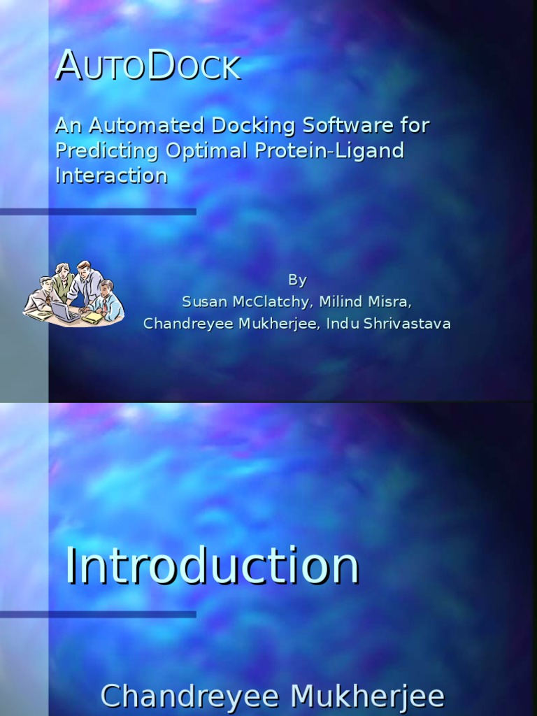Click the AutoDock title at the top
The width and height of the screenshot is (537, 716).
pyautogui.click(x=148, y=66)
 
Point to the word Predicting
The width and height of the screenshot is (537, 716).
pyautogui.click(x=108, y=151)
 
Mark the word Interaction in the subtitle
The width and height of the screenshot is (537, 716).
pyautogui.click(x=111, y=176)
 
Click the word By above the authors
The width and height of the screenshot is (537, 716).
pyautogui.click(x=297, y=280)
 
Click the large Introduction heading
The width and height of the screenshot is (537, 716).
pyautogui.click(x=213, y=566)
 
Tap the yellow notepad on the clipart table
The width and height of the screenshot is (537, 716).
pyautogui.click(x=93, y=317)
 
